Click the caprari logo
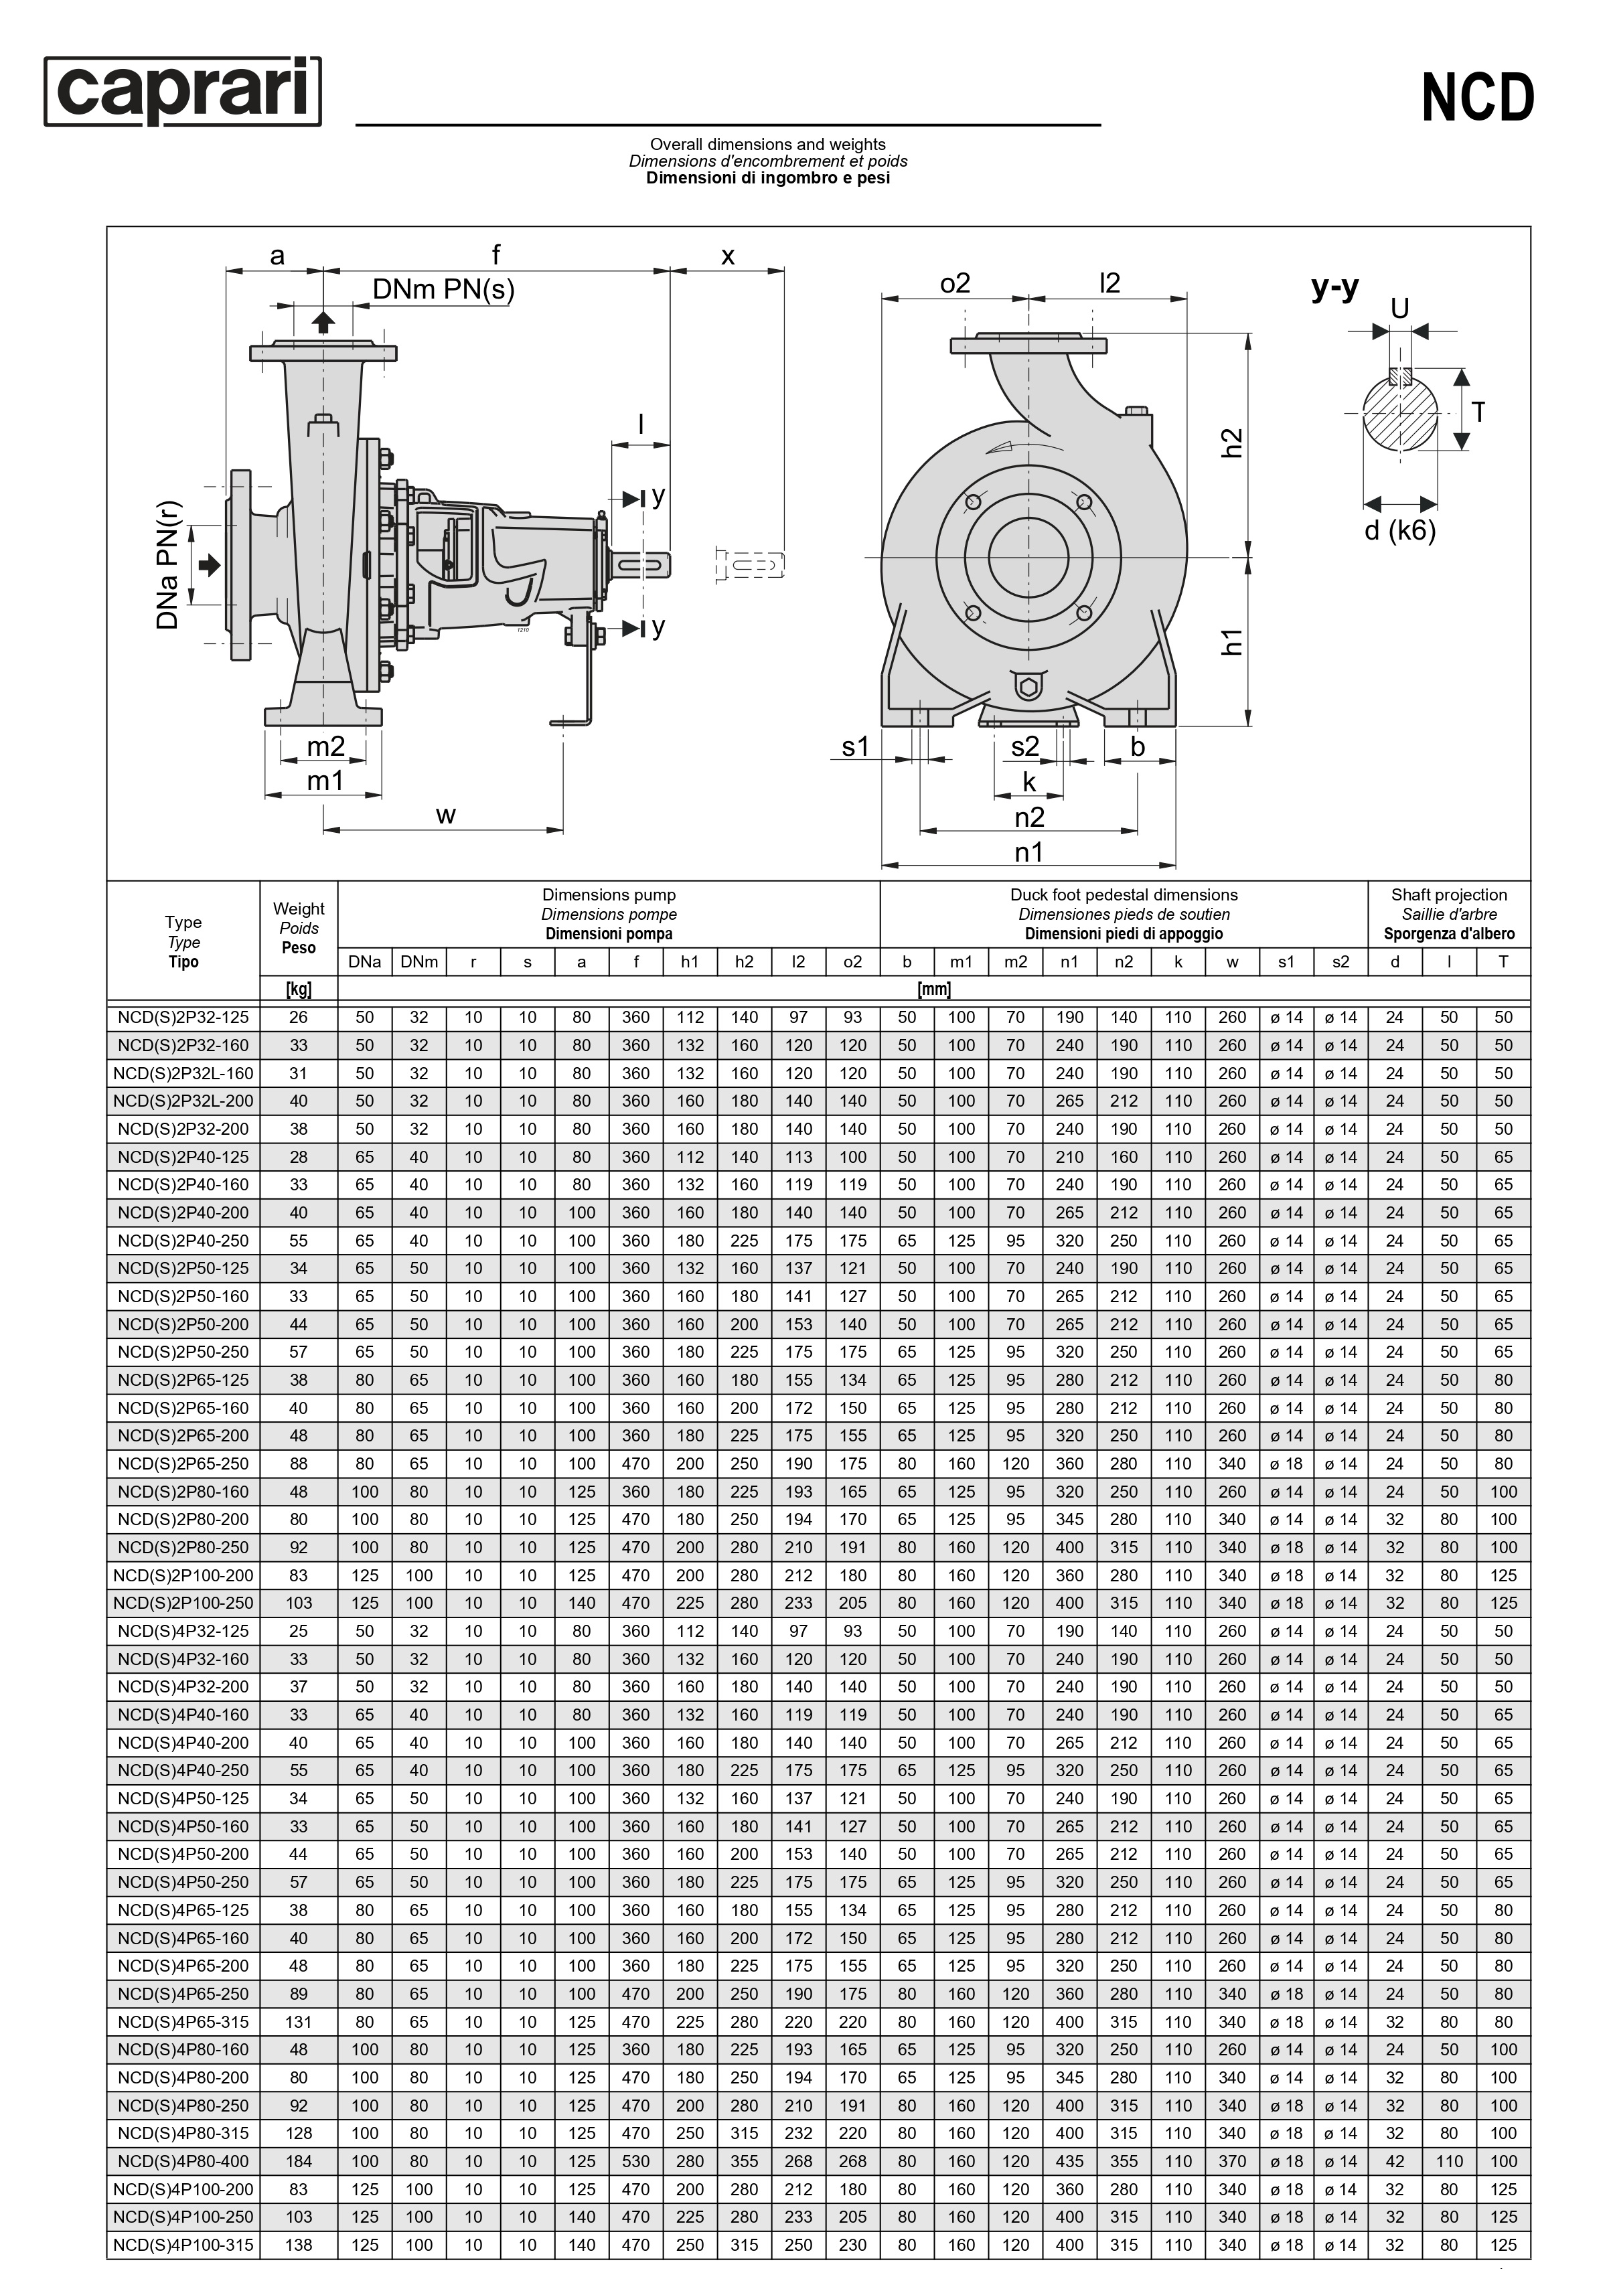183,92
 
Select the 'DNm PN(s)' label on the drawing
443,290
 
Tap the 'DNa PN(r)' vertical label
169,564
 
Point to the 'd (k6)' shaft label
1399,530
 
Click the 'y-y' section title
1334,288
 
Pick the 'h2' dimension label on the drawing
1233,443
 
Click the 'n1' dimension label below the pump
1028,852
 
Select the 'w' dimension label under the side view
445,815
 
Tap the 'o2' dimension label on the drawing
955,284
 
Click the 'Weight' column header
299,908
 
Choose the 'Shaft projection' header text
1448,895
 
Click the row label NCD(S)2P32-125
183,1018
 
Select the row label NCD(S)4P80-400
183,2161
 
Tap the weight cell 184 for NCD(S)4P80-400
299,2161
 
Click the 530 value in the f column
635,2161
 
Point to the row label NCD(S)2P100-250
183,1603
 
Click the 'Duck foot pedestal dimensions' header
1124,895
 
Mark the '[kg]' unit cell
299,990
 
